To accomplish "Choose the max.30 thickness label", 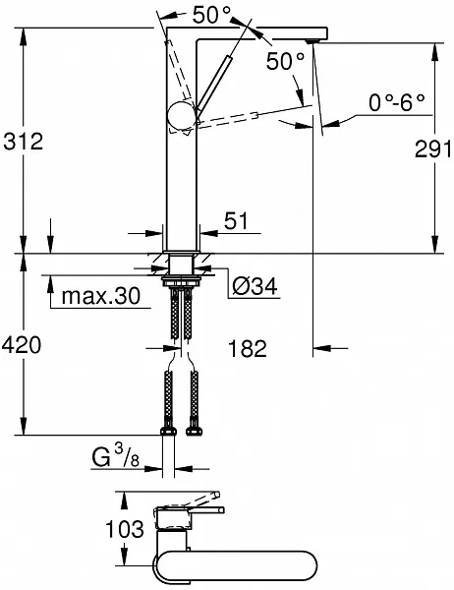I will pos(98,296).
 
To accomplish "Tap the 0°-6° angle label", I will pos(396,102).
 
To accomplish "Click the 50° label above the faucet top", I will pos(213,15).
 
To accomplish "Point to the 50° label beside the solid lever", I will pos(285,61).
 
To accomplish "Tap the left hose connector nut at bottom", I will pos(165,433).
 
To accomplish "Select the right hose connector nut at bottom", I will pos(194,433).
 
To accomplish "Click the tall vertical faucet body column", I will pos(182,187).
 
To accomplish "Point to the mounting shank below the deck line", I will pos(181,265).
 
